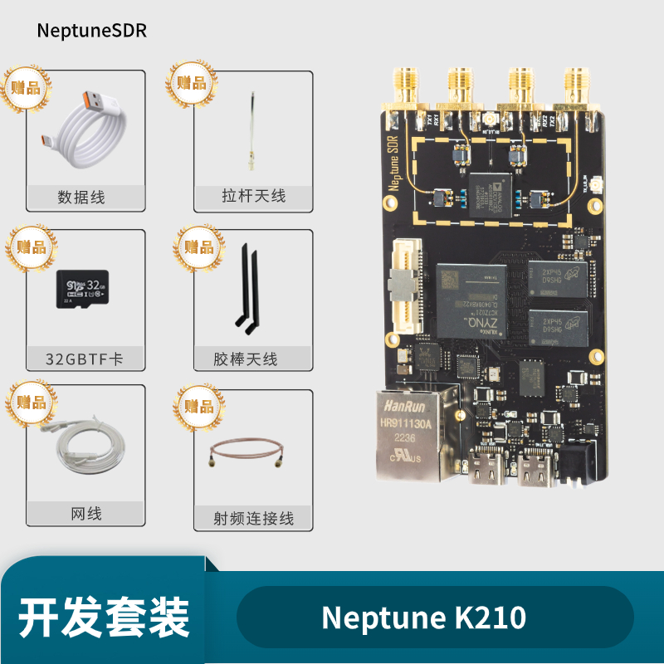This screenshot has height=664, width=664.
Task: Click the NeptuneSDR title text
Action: coord(91,31)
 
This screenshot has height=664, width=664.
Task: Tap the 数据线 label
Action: coord(81,198)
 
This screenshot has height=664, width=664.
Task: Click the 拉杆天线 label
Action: coord(253,197)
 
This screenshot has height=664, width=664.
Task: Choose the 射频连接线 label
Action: coord(253,520)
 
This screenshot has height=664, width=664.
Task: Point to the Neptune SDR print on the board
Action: coord(393,161)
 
